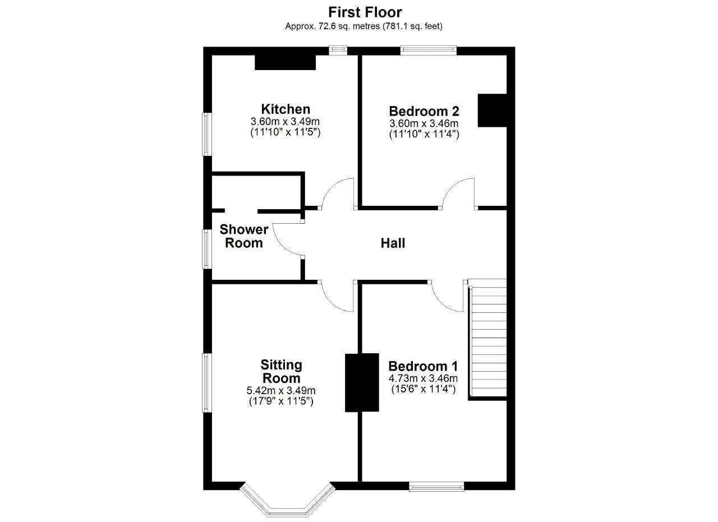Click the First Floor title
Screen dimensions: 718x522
[x=365, y=12]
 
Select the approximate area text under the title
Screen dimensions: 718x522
[x=363, y=26]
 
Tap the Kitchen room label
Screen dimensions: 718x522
[x=286, y=109]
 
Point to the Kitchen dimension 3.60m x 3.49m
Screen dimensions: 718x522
[x=285, y=122]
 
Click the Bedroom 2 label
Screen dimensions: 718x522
[x=424, y=111]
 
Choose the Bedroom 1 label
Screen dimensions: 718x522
[x=423, y=366]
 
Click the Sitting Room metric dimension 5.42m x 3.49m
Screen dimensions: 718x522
[x=281, y=391]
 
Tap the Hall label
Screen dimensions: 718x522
[x=393, y=243]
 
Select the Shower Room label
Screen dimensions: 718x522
[x=243, y=236]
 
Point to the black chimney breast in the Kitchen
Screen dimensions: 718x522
[x=285, y=62]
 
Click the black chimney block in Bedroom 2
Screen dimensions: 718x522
[x=492, y=110]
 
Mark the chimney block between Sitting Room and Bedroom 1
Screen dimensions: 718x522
[x=362, y=382]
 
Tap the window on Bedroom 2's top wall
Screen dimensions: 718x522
[x=429, y=50]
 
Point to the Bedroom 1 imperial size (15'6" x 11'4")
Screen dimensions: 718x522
[x=423, y=389]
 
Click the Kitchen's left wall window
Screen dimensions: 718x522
[x=206, y=134]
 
